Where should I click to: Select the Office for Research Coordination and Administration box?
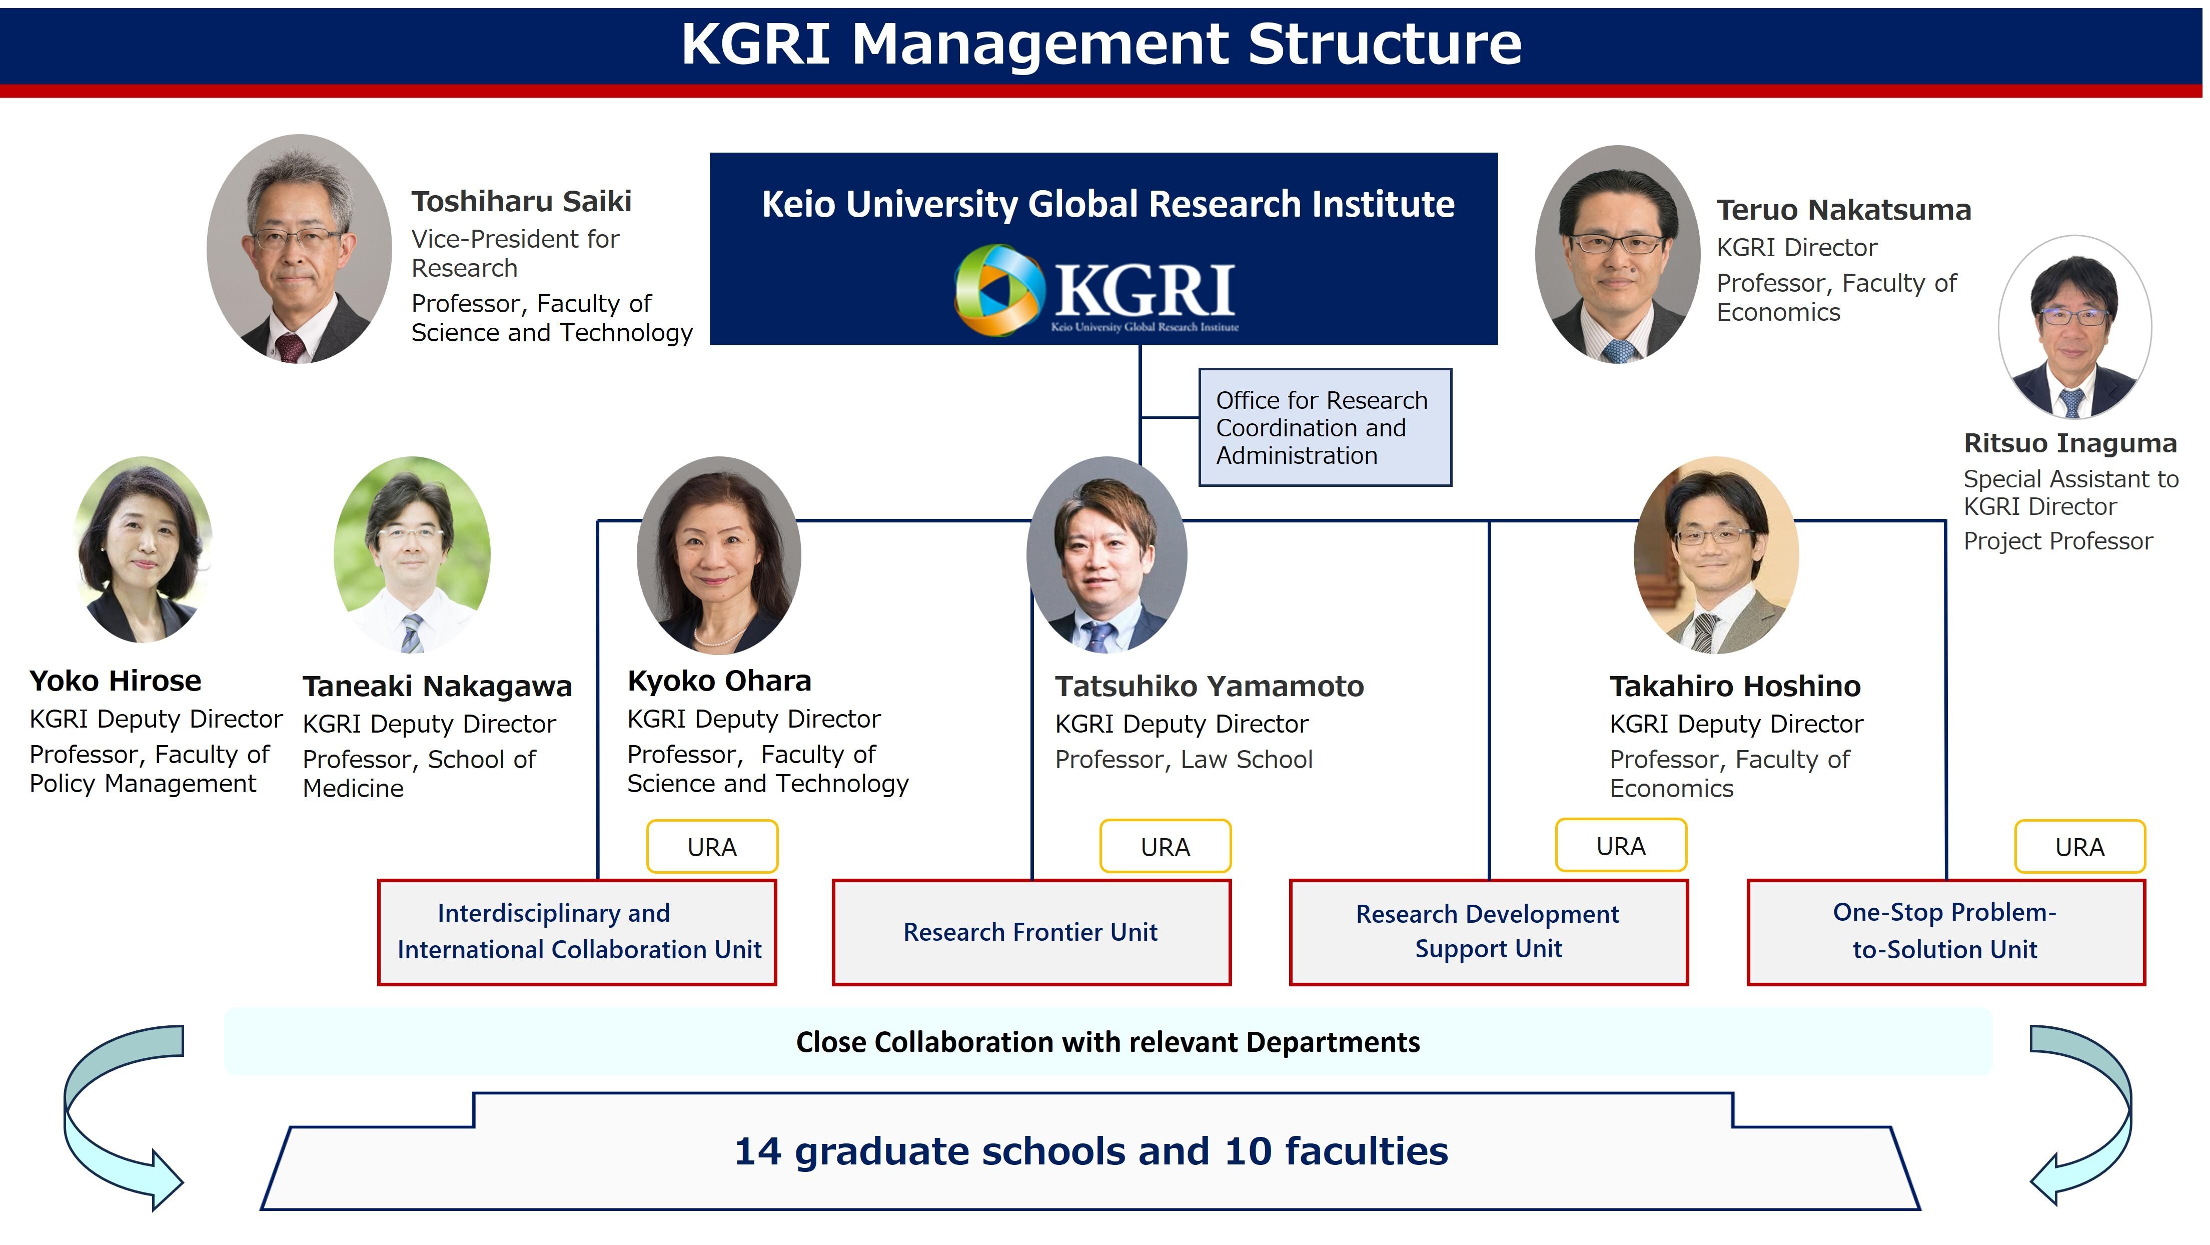(1325, 427)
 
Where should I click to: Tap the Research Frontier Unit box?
(1031, 932)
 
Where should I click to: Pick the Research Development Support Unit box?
(1489, 932)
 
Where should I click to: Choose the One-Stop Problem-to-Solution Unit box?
(1946, 932)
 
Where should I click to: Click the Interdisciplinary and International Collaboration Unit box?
(577, 932)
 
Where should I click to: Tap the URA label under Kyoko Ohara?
(712, 847)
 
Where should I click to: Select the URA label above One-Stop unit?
(2079, 847)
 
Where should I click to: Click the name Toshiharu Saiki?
(522, 202)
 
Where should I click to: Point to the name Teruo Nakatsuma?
(1844, 210)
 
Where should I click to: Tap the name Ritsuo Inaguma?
(2070, 443)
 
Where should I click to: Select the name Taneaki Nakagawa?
(438, 687)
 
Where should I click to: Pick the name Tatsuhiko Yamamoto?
(1210, 687)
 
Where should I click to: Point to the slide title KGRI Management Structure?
(1101, 43)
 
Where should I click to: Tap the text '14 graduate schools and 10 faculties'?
(1091, 1151)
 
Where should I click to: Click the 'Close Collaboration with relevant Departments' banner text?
(1108, 1042)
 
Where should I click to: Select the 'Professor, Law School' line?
(1184, 759)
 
